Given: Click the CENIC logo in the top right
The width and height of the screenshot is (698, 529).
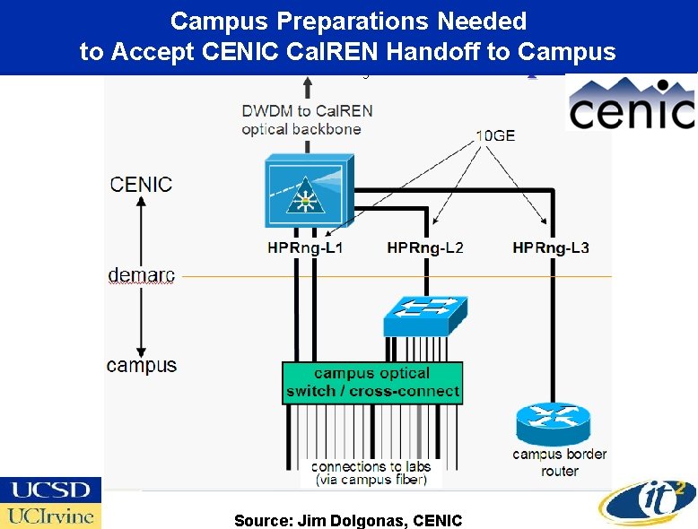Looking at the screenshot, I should (632, 106).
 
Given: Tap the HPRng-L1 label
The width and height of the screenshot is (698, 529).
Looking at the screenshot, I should (304, 247).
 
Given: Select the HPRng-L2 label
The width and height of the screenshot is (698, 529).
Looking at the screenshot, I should (425, 247).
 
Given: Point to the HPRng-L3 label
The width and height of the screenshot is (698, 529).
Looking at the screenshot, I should (550, 247).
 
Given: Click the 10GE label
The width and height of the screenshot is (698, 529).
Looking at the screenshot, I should (495, 136).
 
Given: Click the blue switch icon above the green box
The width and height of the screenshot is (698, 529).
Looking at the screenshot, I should (424, 313).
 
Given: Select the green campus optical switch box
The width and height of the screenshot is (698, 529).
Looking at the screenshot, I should (372, 383).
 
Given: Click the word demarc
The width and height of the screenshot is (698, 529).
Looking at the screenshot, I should (141, 275).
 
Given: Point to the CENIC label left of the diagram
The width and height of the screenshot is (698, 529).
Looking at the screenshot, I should (141, 185).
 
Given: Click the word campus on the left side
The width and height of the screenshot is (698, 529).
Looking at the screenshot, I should (141, 366).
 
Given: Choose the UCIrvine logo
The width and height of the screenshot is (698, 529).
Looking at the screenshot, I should (50, 516).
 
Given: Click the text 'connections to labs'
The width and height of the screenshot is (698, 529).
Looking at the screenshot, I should (371, 466).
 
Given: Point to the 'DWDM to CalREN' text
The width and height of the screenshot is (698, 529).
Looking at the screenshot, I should (307, 111).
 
